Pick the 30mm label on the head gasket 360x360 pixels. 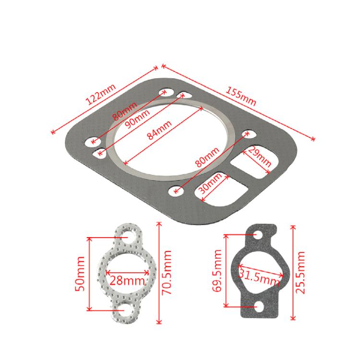pyautogui.click(x=211, y=183)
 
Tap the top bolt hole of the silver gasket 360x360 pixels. pyautogui.click(x=127, y=237)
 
